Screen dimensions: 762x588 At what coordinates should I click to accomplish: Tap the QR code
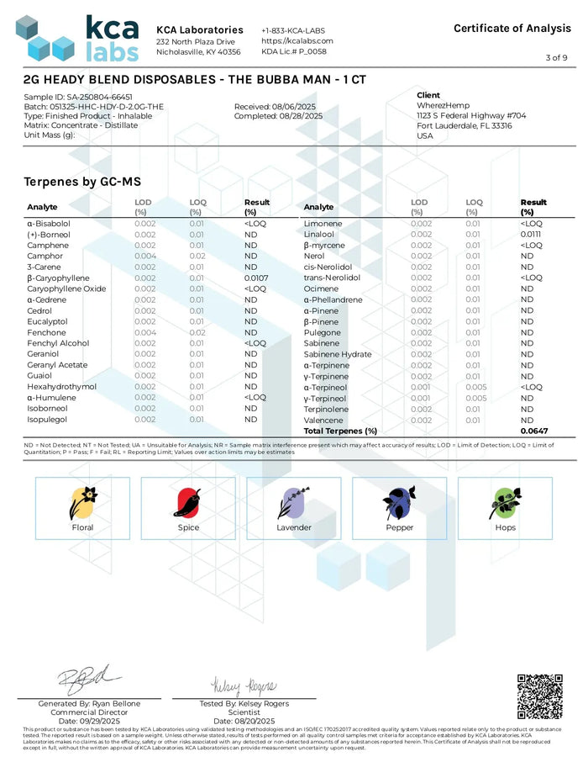[539, 696]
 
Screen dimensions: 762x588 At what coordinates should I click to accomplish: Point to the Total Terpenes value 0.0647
[533, 431]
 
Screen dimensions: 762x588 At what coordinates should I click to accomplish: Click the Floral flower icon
[82, 503]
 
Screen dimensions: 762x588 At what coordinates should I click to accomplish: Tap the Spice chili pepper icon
[188, 503]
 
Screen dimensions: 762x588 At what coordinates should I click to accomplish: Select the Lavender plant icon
[294, 503]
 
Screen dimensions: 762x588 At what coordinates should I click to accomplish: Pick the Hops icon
[505, 503]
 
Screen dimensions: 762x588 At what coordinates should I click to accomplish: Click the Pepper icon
[399, 503]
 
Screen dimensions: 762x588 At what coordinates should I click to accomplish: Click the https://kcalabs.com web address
[297, 40]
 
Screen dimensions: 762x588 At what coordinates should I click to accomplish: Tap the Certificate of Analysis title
[512, 29]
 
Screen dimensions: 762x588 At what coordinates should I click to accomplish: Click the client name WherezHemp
[441, 106]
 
